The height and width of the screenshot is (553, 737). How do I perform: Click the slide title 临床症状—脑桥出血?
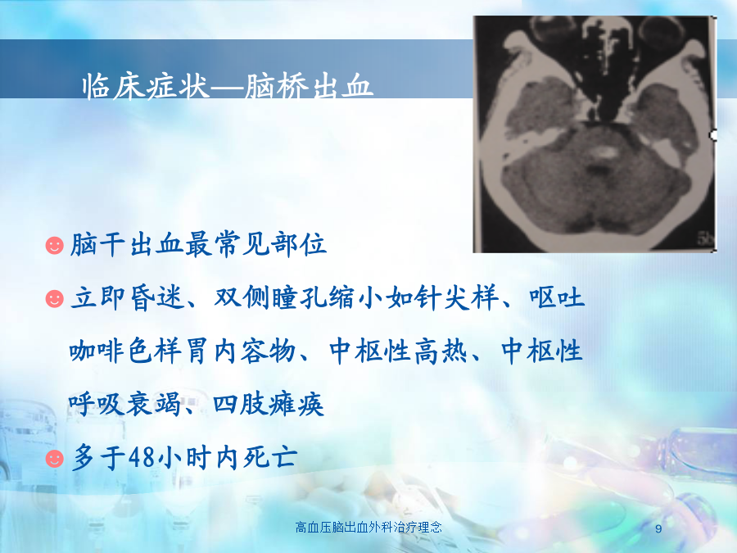(228, 87)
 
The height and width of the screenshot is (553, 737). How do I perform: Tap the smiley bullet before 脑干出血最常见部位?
(55, 246)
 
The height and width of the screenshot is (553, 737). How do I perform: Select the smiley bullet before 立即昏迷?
(55, 298)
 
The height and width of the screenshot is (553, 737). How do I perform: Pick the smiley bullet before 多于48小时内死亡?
(55, 458)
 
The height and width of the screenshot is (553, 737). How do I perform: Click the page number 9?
(658, 528)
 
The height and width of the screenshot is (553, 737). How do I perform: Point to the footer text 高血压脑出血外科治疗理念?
(368, 527)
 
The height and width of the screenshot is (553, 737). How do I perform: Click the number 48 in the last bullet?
(142, 457)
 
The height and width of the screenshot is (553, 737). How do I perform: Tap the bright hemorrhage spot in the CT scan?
(604, 152)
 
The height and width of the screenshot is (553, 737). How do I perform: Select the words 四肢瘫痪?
(269, 404)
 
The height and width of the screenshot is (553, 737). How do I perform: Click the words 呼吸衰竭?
(125, 404)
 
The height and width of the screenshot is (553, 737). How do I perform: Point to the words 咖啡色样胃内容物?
(183, 351)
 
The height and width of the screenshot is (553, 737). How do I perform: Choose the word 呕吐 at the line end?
(557, 297)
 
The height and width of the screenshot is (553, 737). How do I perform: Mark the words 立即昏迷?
(127, 297)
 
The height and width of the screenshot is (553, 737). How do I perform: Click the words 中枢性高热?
(399, 351)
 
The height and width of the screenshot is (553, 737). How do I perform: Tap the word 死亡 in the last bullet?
(270, 457)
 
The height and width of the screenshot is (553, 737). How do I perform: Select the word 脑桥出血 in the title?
(309, 87)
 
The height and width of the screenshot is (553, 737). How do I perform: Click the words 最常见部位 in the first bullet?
(255, 244)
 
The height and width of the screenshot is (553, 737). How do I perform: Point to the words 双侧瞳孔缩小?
(285, 297)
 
